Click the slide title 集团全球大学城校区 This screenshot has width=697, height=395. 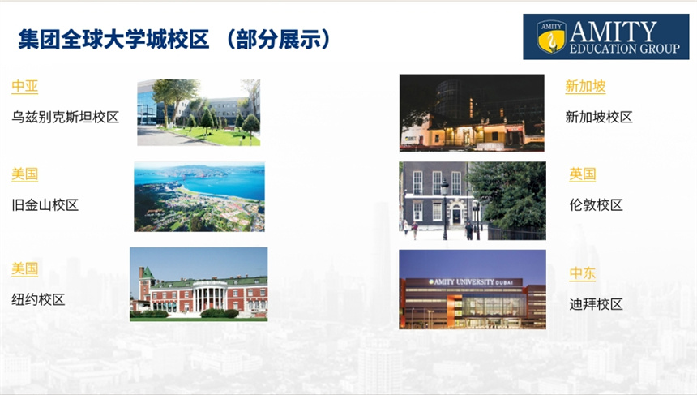pos(113,39)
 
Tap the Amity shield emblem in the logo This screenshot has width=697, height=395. pos(551,36)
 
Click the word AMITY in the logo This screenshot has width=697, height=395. pos(613,31)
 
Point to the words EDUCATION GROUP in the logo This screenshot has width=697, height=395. pos(625,49)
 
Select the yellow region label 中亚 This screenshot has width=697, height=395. pos(25,86)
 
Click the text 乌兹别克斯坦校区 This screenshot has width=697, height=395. pos(66,117)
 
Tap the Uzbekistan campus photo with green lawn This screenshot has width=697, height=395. pos(199,113)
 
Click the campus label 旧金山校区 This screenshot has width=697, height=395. pos(45,205)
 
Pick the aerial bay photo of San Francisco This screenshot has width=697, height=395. pos(199,196)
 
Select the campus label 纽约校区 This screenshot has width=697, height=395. pos(38,299)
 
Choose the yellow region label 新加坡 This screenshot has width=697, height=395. pos(585,86)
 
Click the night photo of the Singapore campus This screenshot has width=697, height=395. pos(472,113)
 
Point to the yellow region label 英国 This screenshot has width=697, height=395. pos(582,174)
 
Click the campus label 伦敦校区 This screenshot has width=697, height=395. pos(596,205)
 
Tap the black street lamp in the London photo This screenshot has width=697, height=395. pos(444,208)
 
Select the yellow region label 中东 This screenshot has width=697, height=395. pos(582,273)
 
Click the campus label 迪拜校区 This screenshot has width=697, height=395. pos(596,304)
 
